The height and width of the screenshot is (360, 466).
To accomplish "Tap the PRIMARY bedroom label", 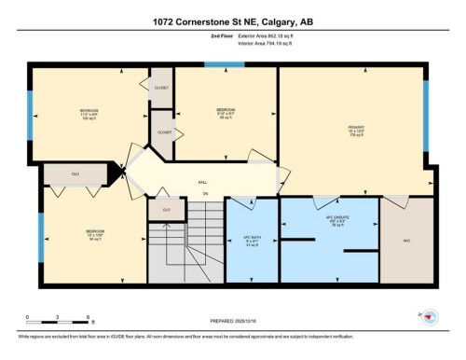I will point(355,130).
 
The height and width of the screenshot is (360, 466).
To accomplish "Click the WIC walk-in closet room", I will point(406,238).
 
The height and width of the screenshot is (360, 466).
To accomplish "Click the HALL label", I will point(202,183).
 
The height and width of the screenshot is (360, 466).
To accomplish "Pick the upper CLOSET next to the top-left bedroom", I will point(162,86).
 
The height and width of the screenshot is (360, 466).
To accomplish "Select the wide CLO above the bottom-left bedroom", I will point(75,173).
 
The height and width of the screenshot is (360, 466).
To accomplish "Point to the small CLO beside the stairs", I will point(166,210).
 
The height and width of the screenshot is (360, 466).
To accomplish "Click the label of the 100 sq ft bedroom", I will point(89,114).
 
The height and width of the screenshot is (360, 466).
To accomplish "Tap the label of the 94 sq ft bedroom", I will point(95,235).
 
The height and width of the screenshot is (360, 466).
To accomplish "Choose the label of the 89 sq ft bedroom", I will point(226,114).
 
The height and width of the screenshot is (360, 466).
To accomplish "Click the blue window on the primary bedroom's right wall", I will point(426,102).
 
